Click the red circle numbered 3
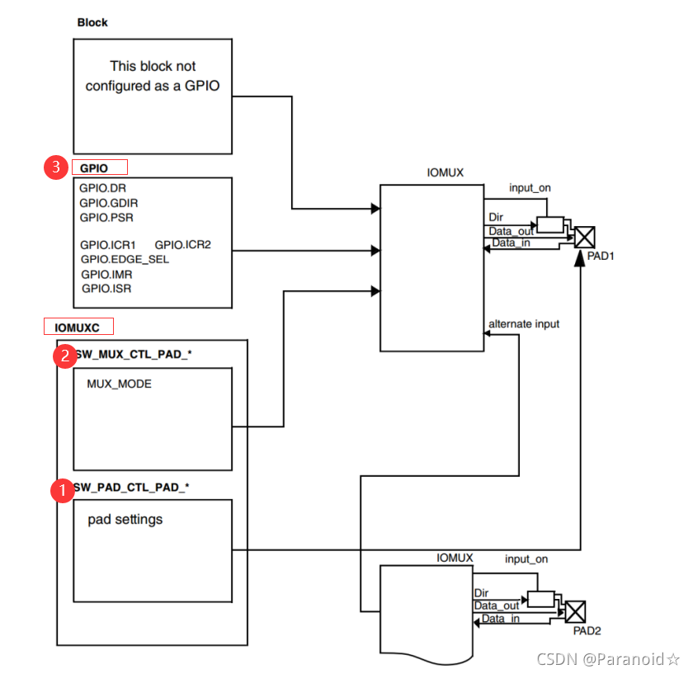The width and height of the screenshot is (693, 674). point(56,167)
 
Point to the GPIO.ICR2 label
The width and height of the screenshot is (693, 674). point(183,245)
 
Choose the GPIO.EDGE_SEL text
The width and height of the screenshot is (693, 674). point(124,259)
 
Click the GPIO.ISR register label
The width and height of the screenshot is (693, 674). point(106,289)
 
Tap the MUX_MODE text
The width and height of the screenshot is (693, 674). point(119,384)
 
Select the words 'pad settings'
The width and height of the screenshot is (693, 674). point(125,520)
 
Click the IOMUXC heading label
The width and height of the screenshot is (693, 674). point(78,328)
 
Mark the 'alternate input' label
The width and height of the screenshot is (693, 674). point(524,324)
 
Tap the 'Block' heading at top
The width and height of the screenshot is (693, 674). point(92,22)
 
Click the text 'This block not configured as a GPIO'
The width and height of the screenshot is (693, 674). point(153,75)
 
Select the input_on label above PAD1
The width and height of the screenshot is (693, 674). point(530,188)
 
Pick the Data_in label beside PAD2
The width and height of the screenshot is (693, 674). point(501,619)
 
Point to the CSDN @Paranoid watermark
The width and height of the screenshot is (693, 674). point(608,658)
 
